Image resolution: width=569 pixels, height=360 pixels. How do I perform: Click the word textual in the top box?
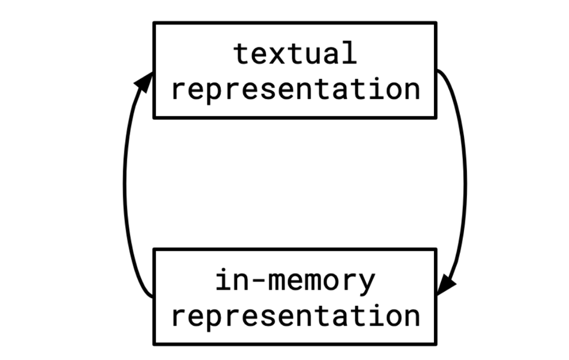295,53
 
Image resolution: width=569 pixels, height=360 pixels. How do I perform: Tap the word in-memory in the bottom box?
295,280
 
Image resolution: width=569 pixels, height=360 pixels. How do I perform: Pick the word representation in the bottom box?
295,317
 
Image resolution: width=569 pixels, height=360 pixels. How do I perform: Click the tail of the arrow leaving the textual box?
440,72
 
